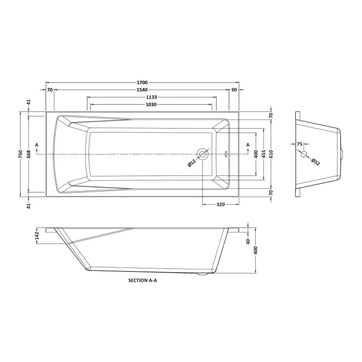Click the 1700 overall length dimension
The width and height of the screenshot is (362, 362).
coord(142,82)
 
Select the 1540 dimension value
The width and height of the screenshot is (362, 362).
coord(142,90)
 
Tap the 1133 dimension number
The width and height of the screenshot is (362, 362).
coord(151,97)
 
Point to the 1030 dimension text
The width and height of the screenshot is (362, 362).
coord(151,105)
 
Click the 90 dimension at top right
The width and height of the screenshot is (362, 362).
coord(234,90)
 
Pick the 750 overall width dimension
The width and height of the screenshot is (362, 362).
coord(21,154)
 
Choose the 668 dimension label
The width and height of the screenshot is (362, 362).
coord(28,154)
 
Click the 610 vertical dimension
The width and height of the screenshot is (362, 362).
coord(271,154)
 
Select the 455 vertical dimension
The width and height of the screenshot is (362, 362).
coord(263,154)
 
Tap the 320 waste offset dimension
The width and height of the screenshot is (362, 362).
coord(221,204)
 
